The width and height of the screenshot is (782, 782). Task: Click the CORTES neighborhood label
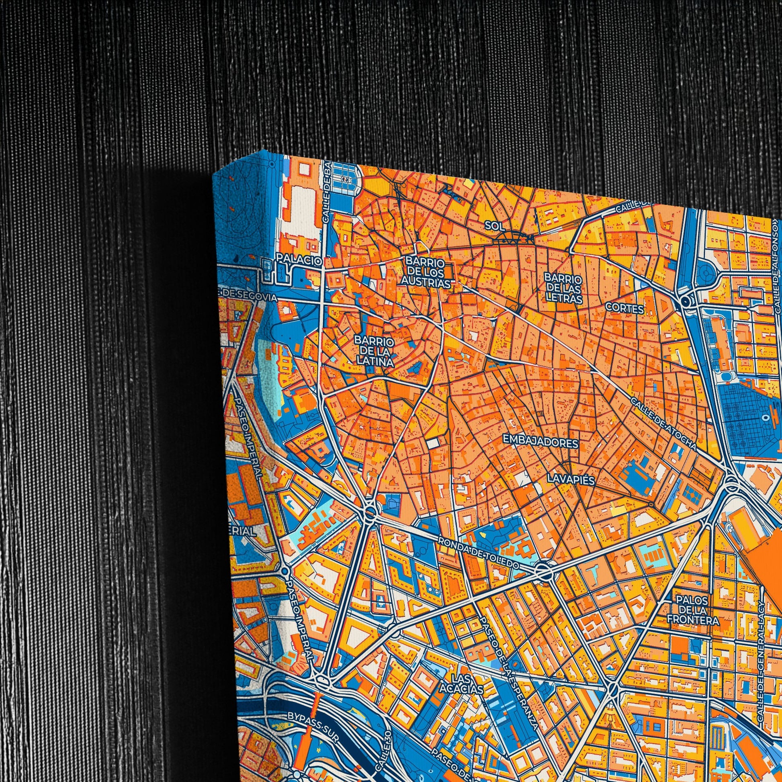[x=624, y=309]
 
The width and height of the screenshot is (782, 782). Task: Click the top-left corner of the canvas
[x=213, y=175]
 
